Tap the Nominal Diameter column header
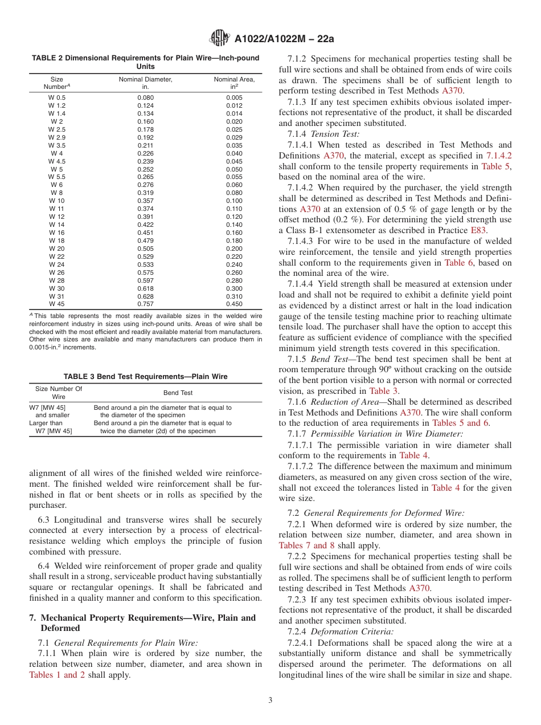[145, 83]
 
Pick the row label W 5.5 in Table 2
[57, 177]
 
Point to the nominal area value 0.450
[234, 304]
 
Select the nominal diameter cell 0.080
[145, 97]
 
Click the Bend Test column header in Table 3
[178, 393]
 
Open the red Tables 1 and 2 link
[56, 675]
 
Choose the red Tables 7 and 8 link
[306, 545]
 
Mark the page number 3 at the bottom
[270, 700]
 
